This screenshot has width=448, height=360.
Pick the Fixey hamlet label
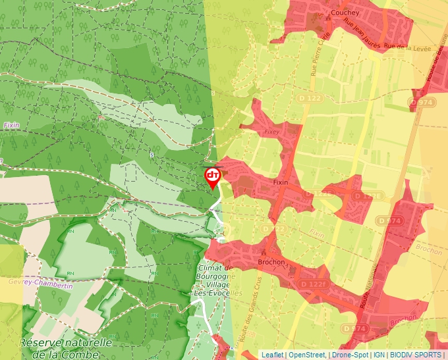click(271, 131)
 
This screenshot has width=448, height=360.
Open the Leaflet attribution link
click(272, 355)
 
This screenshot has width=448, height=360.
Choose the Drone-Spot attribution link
click(350, 355)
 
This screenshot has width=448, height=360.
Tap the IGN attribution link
click(379, 355)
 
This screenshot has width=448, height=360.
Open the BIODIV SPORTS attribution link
click(415, 355)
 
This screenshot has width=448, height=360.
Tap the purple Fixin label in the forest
click(12, 124)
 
